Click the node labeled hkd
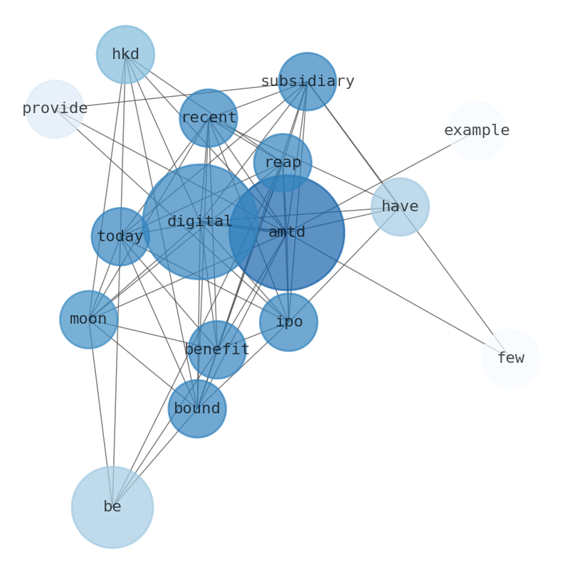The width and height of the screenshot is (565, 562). pyautogui.click(x=125, y=55)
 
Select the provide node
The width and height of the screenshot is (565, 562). pyautogui.click(x=55, y=109)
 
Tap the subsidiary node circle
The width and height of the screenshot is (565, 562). pyautogui.click(x=307, y=81)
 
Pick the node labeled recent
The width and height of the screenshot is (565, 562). pyautogui.click(x=208, y=118)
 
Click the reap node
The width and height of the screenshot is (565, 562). pyautogui.click(x=282, y=162)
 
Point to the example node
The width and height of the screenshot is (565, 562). pyautogui.click(x=476, y=130)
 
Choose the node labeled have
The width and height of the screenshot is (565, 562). pyautogui.click(x=400, y=206)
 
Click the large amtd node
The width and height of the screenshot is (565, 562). pyautogui.click(x=287, y=233)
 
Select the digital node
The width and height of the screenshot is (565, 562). pyautogui.click(x=200, y=222)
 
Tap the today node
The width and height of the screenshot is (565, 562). pyautogui.click(x=120, y=237)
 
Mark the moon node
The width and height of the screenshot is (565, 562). pyautogui.click(x=88, y=319)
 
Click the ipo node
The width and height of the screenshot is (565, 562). pyautogui.click(x=288, y=322)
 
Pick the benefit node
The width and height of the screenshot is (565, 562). pyautogui.click(x=216, y=349)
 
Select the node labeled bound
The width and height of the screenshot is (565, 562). pyautogui.click(x=197, y=409)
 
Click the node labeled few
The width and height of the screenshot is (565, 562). pyautogui.click(x=510, y=358)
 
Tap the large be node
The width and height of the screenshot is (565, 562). pyautogui.click(x=112, y=507)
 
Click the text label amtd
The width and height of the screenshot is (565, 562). pyautogui.click(x=287, y=233)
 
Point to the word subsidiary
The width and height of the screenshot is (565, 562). pyautogui.click(x=307, y=81)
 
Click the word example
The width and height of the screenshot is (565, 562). pyautogui.click(x=476, y=130)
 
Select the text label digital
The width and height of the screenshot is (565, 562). pyautogui.click(x=200, y=222)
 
